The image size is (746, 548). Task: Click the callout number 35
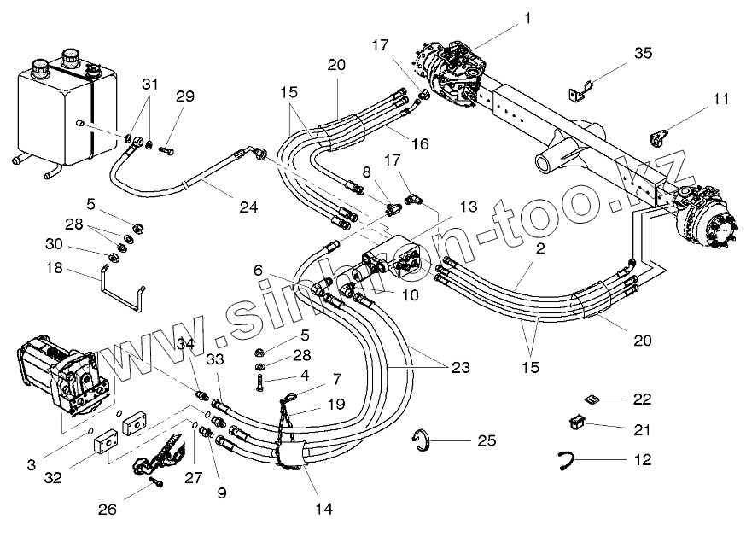[643, 53]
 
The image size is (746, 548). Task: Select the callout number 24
[248, 207]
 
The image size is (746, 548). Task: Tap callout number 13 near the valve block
[468, 207]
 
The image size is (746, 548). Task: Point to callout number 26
[107, 510]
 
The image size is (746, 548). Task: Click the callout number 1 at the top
[527, 18]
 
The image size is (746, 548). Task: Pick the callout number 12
[642, 459]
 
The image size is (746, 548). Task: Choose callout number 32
[53, 478]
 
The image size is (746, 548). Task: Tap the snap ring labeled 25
[421, 440]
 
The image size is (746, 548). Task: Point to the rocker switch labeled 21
[577, 422]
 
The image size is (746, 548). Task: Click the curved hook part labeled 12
[566, 460]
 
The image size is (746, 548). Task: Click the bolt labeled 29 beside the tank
[166, 150]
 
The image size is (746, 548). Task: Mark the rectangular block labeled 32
[106, 442]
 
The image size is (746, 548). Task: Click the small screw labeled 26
[156, 482]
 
